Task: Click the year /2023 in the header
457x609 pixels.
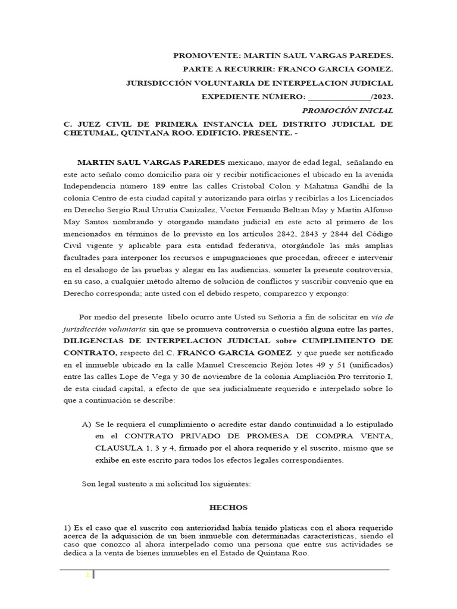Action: pyautogui.click(x=381, y=97)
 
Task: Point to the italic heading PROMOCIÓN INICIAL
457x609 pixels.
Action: pyautogui.click(x=348, y=111)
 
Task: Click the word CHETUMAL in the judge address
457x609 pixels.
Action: pyautogui.click(x=91, y=133)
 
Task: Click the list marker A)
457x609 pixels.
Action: pyautogui.click(x=87, y=425)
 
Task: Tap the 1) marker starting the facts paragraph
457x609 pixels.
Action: pyautogui.click(x=67, y=528)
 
